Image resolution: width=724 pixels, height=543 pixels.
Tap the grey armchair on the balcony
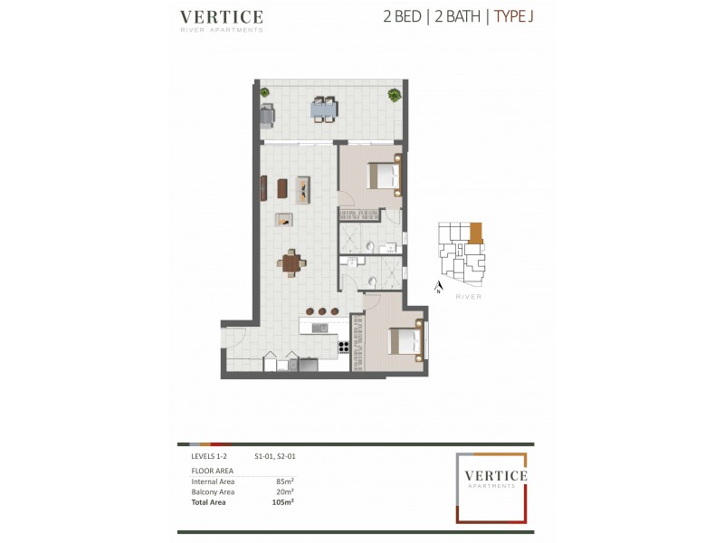pyautogui.click(x=267, y=114)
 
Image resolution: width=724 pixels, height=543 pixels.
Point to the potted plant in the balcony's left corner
pyautogui.click(x=264, y=91)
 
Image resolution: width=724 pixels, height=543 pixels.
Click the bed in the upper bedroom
pyautogui.click(x=384, y=174)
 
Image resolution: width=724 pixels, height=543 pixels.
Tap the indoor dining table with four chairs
pyautogui.click(x=291, y=262)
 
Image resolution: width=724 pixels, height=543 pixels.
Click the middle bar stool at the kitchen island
pyautogui.click(x=321, y=312)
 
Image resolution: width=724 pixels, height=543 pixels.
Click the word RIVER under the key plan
pyautogui.click(x=469, y=296)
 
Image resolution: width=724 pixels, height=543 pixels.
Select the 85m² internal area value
pyautogui.click(x=285, y=481)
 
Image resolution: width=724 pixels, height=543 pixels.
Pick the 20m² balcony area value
pyautogui.click(x=285, y=491)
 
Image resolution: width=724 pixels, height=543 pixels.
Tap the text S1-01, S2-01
pyautogui.click(x=275, y=458)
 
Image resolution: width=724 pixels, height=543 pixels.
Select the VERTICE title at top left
pyautogui.click(x=222, y=17)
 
